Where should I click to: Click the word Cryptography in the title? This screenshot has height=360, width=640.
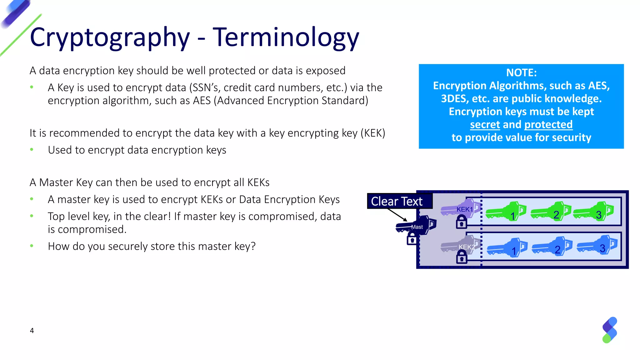coord(110,37)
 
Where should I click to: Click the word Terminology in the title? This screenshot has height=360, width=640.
coord(286,37)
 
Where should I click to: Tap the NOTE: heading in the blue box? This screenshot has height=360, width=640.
coord(521,73)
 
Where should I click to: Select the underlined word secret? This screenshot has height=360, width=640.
coord(485,125)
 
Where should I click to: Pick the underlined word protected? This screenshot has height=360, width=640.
coord(548,125)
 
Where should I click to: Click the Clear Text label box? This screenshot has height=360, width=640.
coord(399,201)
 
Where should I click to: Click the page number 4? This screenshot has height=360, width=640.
coord(32,331)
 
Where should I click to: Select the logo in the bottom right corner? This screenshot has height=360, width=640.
coord(609,330)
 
